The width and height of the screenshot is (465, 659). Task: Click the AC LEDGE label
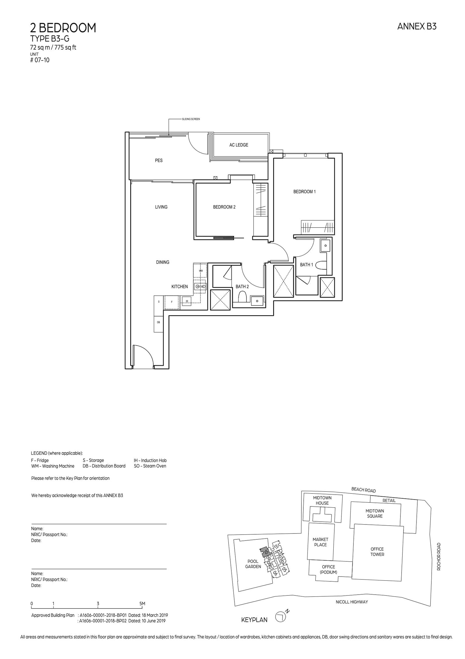239,145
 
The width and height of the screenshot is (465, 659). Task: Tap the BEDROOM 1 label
304,192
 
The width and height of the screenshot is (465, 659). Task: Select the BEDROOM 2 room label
224,207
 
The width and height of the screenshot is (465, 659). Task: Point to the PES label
159,160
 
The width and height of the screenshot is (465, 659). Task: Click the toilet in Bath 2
242,297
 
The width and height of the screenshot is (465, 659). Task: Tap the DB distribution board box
158,322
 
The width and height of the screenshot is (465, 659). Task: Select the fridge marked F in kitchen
172,302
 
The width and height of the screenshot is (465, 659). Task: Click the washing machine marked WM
201,271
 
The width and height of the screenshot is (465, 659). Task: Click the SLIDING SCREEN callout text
191,119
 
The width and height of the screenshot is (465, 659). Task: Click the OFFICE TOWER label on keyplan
377,552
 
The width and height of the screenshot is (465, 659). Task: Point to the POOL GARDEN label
253,564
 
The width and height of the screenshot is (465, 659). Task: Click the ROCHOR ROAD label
439,556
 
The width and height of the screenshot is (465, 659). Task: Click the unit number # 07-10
40,60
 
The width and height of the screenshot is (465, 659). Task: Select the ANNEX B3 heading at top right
416,27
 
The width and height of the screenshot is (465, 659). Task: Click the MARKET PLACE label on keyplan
320,542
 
